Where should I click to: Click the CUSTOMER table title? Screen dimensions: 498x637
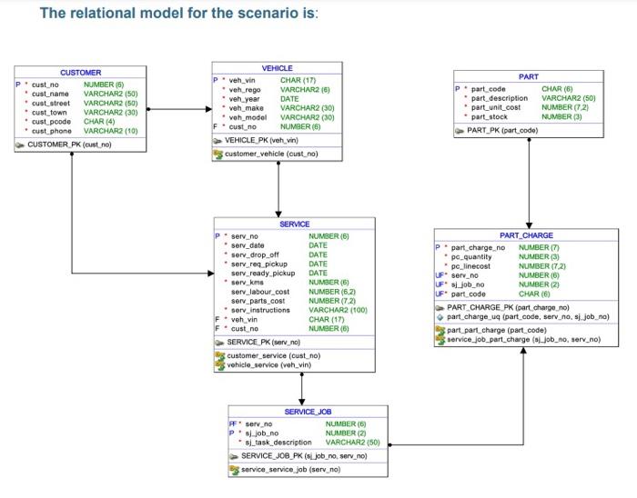80,72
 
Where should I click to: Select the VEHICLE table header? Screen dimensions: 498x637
277,68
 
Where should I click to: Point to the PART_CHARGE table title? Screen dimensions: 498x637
526,235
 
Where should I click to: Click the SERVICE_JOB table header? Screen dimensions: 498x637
308,412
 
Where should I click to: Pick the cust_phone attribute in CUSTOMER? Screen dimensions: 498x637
51,131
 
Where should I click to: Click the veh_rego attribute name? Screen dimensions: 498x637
247,89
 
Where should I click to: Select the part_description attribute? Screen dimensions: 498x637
500,98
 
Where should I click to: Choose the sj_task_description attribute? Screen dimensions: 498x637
278,442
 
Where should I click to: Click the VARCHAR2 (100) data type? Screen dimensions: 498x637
338,310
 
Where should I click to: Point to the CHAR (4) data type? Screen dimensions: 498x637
99,121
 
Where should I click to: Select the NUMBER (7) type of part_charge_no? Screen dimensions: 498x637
539,247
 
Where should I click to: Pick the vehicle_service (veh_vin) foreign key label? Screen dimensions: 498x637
268,364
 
